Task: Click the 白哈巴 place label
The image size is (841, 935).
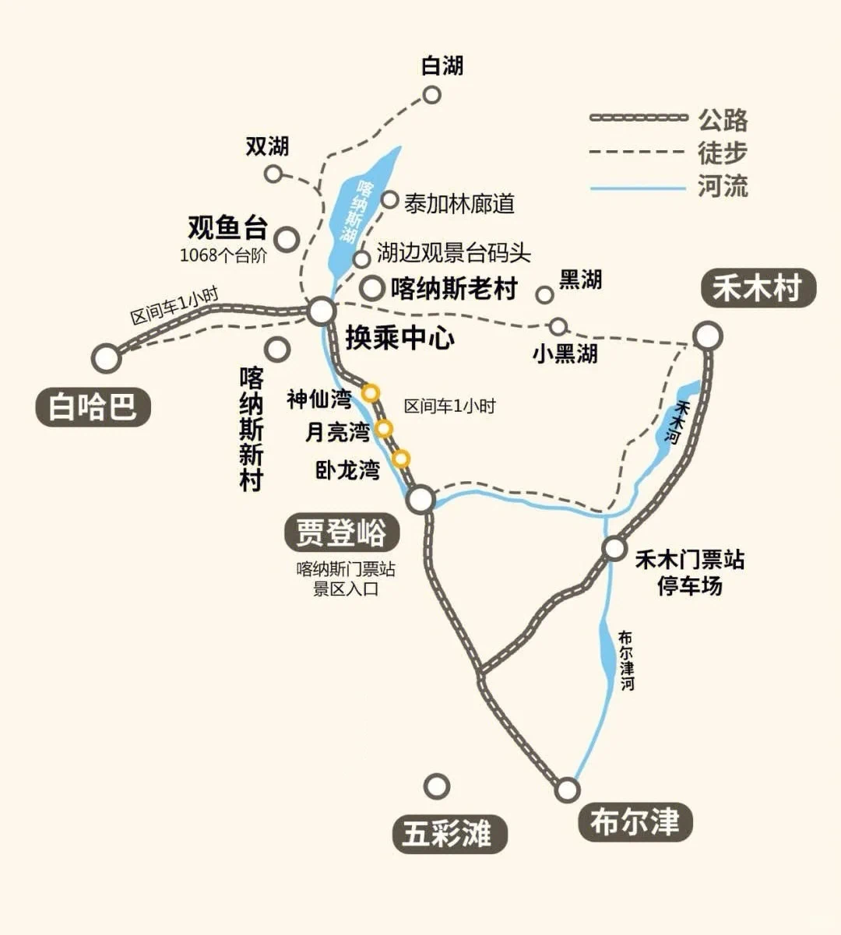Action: pos(93,406)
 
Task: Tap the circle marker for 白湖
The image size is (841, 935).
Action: pos(431,95)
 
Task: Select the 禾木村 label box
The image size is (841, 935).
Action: pos(758,289)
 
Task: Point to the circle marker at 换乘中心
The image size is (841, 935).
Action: pos(321,312)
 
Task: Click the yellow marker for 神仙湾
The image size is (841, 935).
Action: pos(371,393)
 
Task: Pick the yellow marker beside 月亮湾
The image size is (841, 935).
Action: pos(383,428)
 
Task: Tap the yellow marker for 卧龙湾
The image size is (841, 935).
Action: pos(400,459)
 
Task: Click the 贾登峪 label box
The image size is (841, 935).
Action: pos(341,533)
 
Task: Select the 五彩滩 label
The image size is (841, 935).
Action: pos(448,835)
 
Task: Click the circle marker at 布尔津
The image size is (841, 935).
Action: pos(568,790)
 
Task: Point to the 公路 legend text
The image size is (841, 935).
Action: pos(723,120)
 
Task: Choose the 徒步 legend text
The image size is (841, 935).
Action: pos(723,153)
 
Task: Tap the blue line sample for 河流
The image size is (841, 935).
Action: pos(638,188)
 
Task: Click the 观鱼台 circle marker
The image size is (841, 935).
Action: pos(287,239)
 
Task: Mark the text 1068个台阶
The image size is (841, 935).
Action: pos(223,255)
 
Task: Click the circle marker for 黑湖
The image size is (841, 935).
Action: pos(544,294)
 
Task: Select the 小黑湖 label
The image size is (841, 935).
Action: pos(565,353)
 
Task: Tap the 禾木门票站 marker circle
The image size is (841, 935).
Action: pos(614,548)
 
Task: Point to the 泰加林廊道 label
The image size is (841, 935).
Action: pos(459,204)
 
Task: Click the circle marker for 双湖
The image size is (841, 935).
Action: pos(273,174)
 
